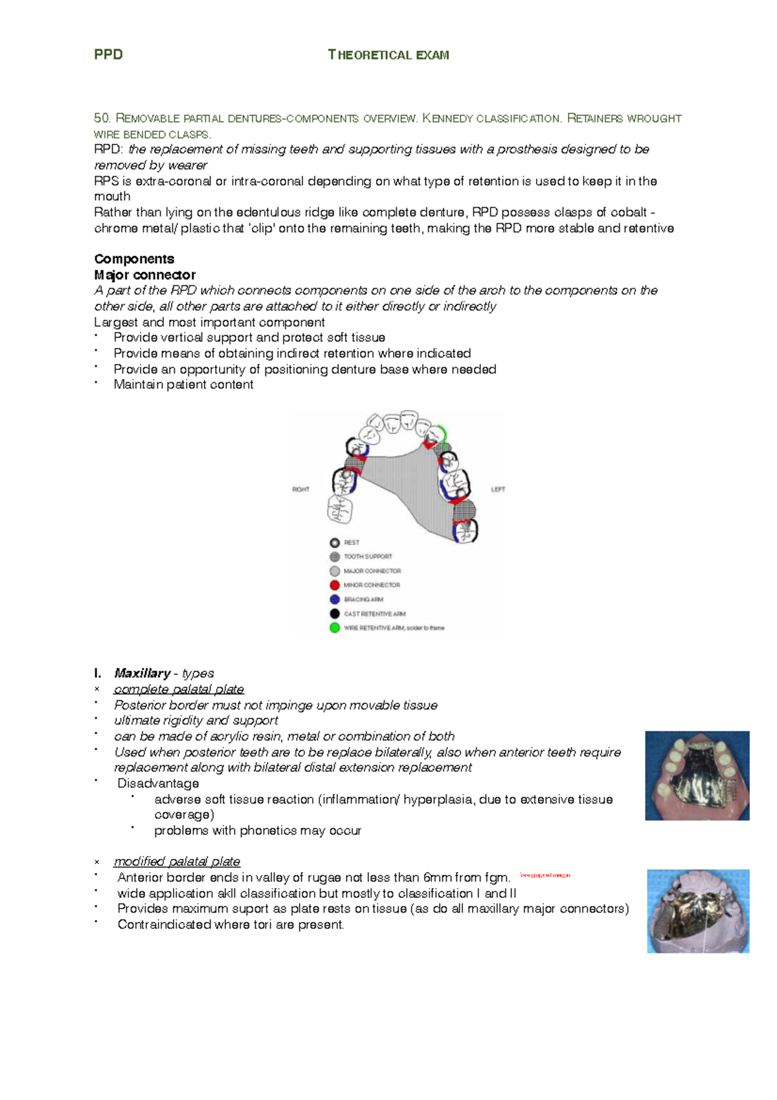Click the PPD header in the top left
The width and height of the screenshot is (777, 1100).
108,54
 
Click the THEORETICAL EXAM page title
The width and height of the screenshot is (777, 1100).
388,55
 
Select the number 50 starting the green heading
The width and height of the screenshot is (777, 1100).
102,118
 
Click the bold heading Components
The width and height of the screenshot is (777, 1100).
134,258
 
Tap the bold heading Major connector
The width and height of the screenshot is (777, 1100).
145,275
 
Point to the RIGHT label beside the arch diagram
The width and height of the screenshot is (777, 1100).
300,489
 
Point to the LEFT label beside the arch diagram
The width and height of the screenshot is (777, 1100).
498,489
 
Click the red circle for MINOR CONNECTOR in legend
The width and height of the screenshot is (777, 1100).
335,585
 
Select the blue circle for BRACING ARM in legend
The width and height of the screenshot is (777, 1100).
335,599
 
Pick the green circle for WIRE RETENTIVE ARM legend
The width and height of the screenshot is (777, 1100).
335,628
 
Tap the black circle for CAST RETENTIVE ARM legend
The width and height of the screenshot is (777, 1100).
335,613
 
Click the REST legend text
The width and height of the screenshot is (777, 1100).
352,542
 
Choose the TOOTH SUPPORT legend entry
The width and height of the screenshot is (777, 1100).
368,556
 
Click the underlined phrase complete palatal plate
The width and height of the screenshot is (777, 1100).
179,689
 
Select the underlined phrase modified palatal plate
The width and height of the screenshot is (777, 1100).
177,862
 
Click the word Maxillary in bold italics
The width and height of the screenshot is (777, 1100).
142,673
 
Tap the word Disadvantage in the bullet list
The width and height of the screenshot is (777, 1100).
158,783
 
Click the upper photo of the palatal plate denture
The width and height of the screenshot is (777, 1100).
697,775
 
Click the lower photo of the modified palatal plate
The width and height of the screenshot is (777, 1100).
698,911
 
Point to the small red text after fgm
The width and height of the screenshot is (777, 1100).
545,875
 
